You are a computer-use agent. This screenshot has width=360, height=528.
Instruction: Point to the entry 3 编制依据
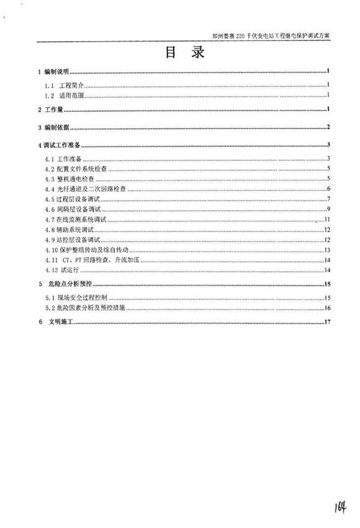pyautogui.click(x=54, y=128)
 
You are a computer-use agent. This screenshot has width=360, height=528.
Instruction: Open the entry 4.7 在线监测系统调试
pyautogui.click(x=77, y=220)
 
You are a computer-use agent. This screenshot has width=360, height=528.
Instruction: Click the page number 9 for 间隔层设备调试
pyautogui.click(x=327, y=209)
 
